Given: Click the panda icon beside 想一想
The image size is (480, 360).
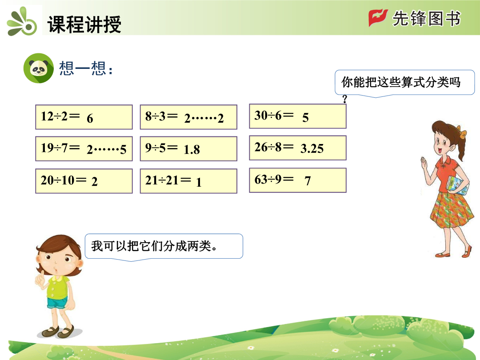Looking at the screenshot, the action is [x=39, y=68].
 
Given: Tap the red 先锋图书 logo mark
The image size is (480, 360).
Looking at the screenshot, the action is [x=378, y=17].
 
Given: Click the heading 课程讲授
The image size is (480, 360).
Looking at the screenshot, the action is [x=84, y=24].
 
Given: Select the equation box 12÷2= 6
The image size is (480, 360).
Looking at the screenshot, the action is [x=84, y=117].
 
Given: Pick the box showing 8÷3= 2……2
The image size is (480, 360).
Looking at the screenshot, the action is [x=188, y=117].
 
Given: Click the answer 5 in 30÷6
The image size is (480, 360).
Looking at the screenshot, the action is [x=305, y=117].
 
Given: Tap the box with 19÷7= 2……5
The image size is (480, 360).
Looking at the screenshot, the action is [x=84, y=149].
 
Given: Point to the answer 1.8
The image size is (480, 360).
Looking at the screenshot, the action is [x=192, y=149].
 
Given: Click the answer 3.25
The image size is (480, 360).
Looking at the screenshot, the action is [x=312, y=148].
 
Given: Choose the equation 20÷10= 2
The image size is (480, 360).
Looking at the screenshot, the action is [x=84, y=181].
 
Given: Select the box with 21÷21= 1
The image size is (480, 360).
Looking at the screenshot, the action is [x=188, y=181].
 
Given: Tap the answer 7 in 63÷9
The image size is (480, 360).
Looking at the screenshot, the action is [x=308, y=181].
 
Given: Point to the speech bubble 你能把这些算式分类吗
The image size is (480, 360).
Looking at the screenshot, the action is [x=405, y=83].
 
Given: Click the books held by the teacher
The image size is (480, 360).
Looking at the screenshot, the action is [x=457, y=185].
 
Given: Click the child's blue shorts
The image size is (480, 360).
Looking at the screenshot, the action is [x=57, y=303].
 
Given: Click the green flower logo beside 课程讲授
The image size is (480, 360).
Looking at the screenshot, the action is [x=22, y=22].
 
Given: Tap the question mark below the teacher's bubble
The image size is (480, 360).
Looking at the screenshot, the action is [x=345, y=99].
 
